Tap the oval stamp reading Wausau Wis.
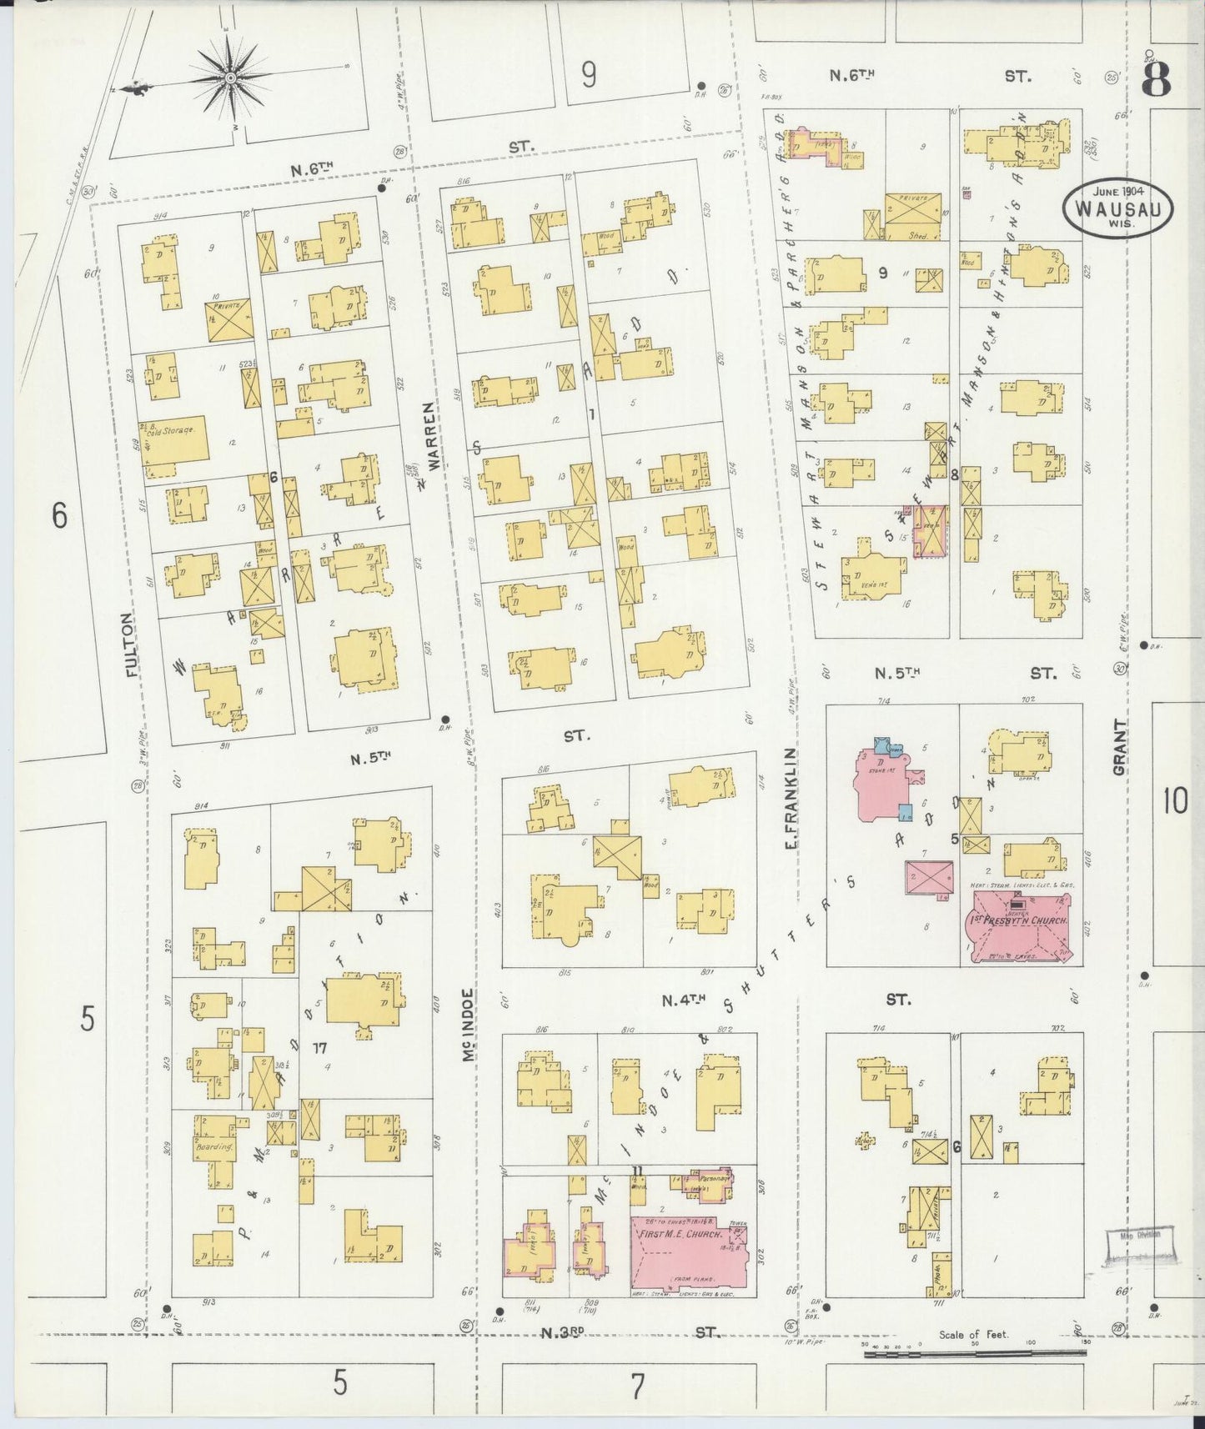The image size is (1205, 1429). click(1117, 205)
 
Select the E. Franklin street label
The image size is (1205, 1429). click(789, 798)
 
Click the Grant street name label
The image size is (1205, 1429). click(1119, 748)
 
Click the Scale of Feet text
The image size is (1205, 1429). click(973, 1335)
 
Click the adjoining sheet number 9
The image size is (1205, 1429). click(589, 76)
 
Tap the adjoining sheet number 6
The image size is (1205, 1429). click(58, 516)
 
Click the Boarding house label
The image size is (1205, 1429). click(206, 1146)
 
